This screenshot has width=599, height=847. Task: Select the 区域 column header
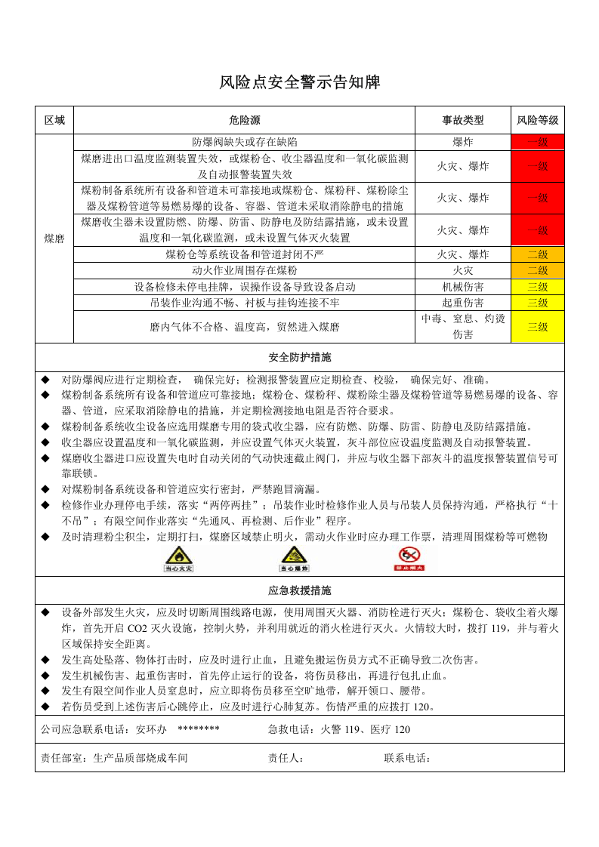(x=54, y=121)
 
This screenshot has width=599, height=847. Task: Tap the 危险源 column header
(x=244, y=121)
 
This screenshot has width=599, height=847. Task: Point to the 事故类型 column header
(x=462, y=121)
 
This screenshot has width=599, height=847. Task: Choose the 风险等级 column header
(x=537, y=121)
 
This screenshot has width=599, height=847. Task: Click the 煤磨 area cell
(x=54, y=239)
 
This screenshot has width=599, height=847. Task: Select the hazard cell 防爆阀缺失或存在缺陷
(x=244, y=142)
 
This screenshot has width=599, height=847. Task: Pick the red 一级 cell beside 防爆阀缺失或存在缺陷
(x=537, y=142)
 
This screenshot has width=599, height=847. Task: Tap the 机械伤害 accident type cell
(x=462, y=287)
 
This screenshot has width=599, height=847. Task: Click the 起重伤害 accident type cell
(x=462, y=303)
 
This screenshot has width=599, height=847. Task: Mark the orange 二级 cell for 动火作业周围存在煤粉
(x=537, y=270)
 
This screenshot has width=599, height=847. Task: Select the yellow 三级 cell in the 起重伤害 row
(x=537, y=303)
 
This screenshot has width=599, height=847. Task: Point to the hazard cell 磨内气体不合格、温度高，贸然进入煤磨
(x=244, y=327)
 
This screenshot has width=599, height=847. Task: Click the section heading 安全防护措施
(x=299, y=357)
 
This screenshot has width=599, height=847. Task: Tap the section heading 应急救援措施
(x=299, y=590)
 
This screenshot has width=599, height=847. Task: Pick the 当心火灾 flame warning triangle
(x=179, y=558)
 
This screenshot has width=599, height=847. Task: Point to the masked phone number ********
(x=198, y=729)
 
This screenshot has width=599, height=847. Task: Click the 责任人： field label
(x=286, y=758)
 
